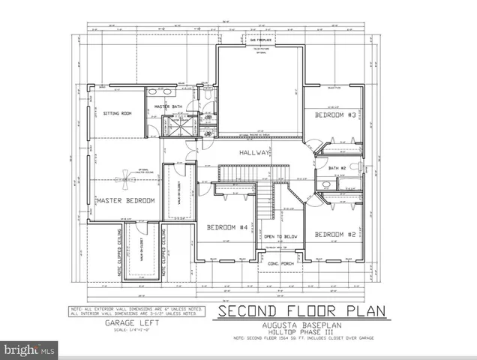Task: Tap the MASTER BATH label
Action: click(169, 107)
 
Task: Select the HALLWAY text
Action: click(255, 152)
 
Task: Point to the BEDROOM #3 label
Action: click(334, 115)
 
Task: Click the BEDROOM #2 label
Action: click(334, 235)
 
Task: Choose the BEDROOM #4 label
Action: click(227, 227)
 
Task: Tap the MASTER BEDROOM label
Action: click(124, 200)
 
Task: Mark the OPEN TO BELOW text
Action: click(280, 236)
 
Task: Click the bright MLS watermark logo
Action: click(30, 349)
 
